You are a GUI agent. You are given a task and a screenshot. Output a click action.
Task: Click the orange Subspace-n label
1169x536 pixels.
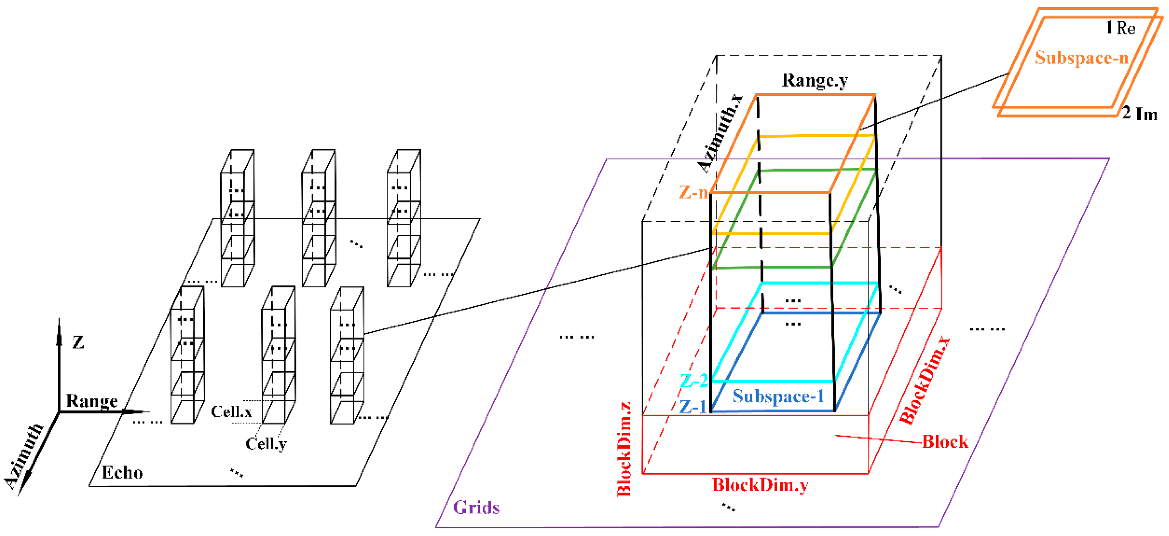[1081, 58]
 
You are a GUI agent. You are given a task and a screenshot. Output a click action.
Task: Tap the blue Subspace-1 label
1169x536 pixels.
[778, 396]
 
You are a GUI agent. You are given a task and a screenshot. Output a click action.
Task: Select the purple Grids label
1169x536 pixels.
[476, 507]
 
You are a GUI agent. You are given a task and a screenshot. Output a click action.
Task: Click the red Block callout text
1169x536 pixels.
[945, 442]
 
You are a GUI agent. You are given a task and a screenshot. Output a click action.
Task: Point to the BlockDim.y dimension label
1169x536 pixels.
[760, 485]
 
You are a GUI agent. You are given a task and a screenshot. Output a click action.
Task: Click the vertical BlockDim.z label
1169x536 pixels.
[625, 449]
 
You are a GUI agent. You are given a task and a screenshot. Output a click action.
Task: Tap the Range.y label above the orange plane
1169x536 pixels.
[815, 80]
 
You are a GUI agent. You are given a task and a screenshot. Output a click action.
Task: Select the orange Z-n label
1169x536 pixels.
[693, 192]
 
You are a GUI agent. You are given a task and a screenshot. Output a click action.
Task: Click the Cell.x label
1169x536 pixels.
[231, 412]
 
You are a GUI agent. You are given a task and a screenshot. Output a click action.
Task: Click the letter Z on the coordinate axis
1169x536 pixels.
[78, 342]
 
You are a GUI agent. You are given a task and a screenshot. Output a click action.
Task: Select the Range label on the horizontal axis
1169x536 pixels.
[92, 401]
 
